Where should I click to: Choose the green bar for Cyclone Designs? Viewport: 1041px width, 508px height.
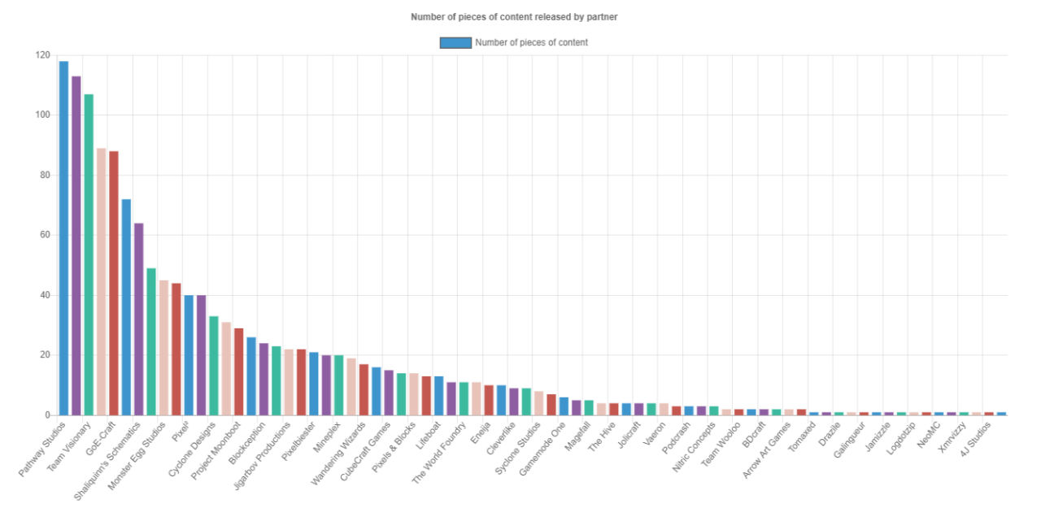point(214,366)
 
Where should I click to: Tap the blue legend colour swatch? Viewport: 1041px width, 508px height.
point(455,42)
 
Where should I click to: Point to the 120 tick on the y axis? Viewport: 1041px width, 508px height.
point(42,55)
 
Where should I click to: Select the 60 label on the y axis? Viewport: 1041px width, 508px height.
point(45,235)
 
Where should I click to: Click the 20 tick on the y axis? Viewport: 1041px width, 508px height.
point(45,355)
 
